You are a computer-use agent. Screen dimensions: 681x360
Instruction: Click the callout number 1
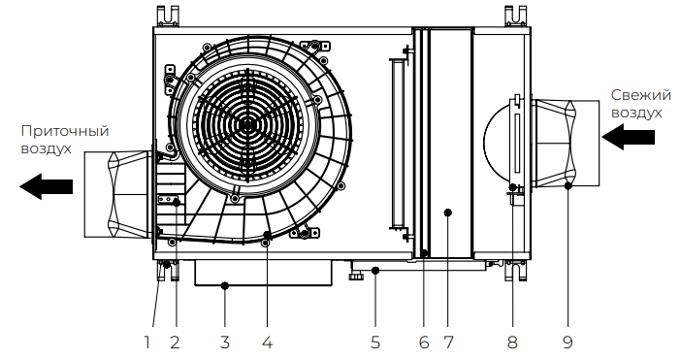click(146, 343)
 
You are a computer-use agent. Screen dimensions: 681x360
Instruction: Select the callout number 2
click(175, 343)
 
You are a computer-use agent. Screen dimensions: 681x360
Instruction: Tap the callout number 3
click(224, 343)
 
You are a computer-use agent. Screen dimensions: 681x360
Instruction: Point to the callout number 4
click(268, 343)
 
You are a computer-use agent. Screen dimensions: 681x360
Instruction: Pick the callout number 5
click(375, 343)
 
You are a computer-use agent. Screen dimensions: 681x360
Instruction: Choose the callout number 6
click(424, 343)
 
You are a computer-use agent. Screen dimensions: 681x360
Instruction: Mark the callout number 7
click(448, 343)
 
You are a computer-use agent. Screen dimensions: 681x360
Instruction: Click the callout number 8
click(512, 343)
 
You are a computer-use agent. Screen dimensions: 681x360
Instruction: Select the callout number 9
click(568, 343)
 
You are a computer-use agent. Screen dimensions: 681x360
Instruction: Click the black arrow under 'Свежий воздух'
click(628, 137)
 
